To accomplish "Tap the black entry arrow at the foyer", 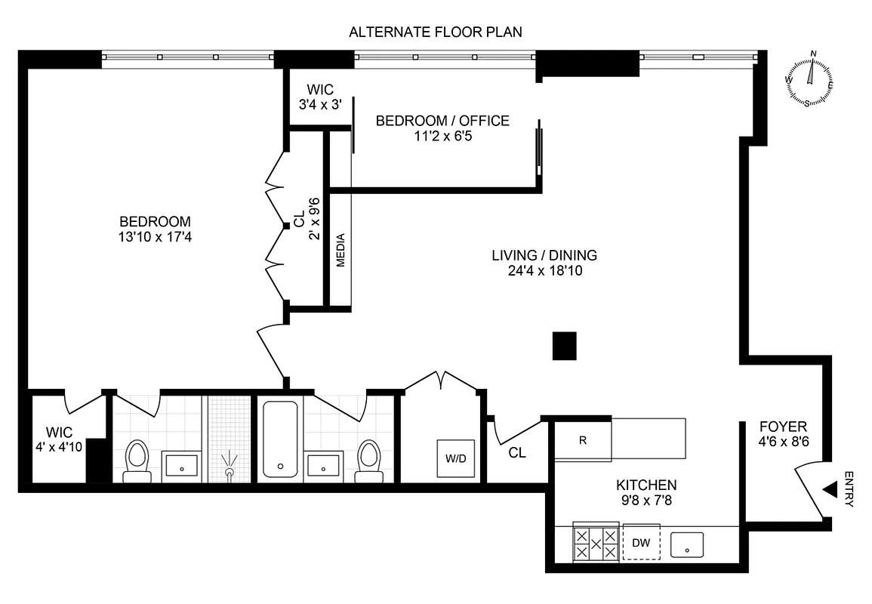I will click(x=829, y=490).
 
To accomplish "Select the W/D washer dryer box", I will click(x=456, y=458).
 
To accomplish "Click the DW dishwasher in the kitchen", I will click(x=641, y=542).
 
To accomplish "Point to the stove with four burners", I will click(x=596, y=542).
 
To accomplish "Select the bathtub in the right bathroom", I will click(x=280, y=440).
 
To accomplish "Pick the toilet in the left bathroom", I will click(x=137, y=460).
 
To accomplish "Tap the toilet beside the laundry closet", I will click(x=369, y=460).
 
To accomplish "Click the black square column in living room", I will click(x=565, y=346).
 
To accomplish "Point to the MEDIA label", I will click(x=340, y=250).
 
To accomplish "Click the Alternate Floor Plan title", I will click(x=436, y=32).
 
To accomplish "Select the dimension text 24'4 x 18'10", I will click(x=546, y=270).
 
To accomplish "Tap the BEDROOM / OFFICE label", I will click(x=442, y=121).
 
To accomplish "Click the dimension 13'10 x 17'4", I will click(x=155, y=236).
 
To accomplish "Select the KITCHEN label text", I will click(x=646, y=485).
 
